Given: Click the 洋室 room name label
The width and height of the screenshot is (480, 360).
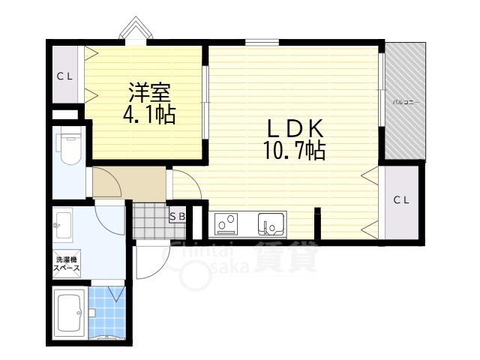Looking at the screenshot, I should click(148, 94).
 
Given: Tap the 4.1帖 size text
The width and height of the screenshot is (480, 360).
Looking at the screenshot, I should click(148, 115).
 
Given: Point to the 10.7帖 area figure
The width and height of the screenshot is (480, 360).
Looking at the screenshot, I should click(293, 151).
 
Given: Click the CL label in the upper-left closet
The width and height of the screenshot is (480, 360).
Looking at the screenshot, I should click(65, 75).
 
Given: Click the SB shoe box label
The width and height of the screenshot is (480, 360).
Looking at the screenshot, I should click(178, 217).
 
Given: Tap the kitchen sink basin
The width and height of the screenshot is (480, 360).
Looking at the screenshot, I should click(270, 224).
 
